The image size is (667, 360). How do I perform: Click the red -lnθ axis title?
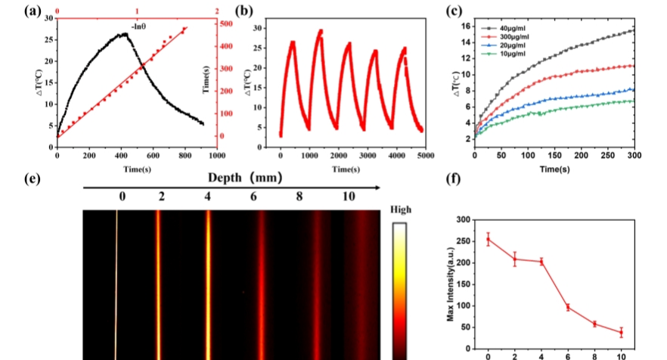pos(138,26)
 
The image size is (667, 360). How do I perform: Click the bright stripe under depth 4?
pos(208,287)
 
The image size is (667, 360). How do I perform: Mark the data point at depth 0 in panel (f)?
pos(489,239)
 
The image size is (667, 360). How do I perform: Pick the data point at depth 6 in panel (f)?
pos(567,306)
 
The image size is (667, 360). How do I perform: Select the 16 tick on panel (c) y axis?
pos(464,26)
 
